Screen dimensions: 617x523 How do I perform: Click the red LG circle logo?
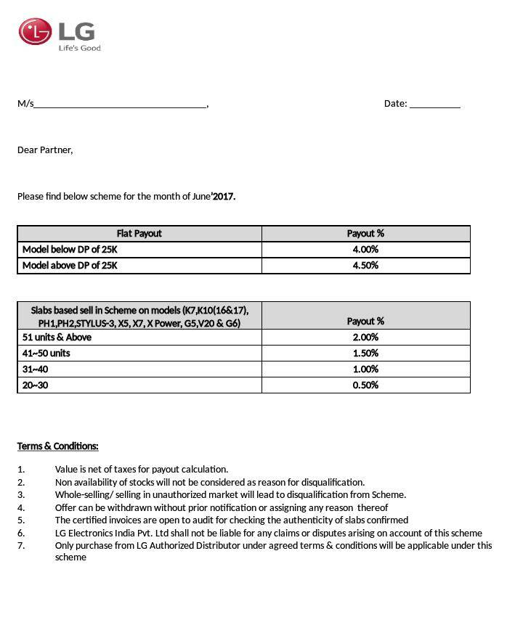coord(35,31)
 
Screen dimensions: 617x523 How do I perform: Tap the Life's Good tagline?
coord(79,48)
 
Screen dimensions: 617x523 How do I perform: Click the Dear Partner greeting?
coord(45,150)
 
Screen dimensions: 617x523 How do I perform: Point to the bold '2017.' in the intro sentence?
coord(224,196)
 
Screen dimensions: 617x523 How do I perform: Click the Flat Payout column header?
coord(139,234)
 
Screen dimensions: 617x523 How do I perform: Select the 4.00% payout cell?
coord(365,250)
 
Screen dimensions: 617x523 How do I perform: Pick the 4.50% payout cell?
coord(365,266)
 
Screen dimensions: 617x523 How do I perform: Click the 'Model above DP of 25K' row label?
coord(70,266)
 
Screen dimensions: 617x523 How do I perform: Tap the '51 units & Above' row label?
coord(57,338)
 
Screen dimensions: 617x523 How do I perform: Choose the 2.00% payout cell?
coord(365,338)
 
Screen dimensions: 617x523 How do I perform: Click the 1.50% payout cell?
coord(365,354)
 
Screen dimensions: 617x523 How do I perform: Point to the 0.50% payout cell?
coord(365,385)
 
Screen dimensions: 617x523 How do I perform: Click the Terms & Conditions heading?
coord(58,446)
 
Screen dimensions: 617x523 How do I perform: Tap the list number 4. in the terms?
coord(21,507)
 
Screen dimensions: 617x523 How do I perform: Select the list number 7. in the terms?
coord(21,546)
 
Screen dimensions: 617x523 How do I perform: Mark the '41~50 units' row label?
coord(46,354)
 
